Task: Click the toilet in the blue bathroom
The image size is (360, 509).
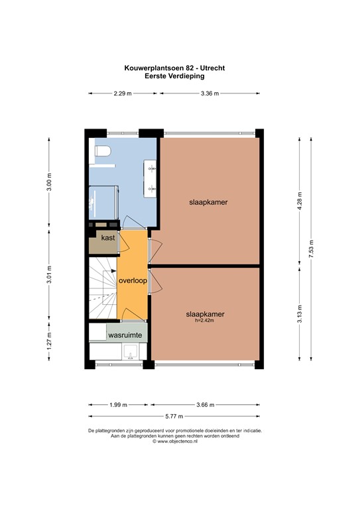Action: coord(101,152)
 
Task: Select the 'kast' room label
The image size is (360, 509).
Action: coord(108,237)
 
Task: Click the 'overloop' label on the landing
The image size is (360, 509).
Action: coord(133,280)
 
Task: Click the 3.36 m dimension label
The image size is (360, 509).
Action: coord(210,94)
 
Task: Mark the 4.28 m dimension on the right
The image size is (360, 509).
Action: coord(300,201)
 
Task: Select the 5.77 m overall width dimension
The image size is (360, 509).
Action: coord(177,416)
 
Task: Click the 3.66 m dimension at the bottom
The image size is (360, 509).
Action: coord(206,404)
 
